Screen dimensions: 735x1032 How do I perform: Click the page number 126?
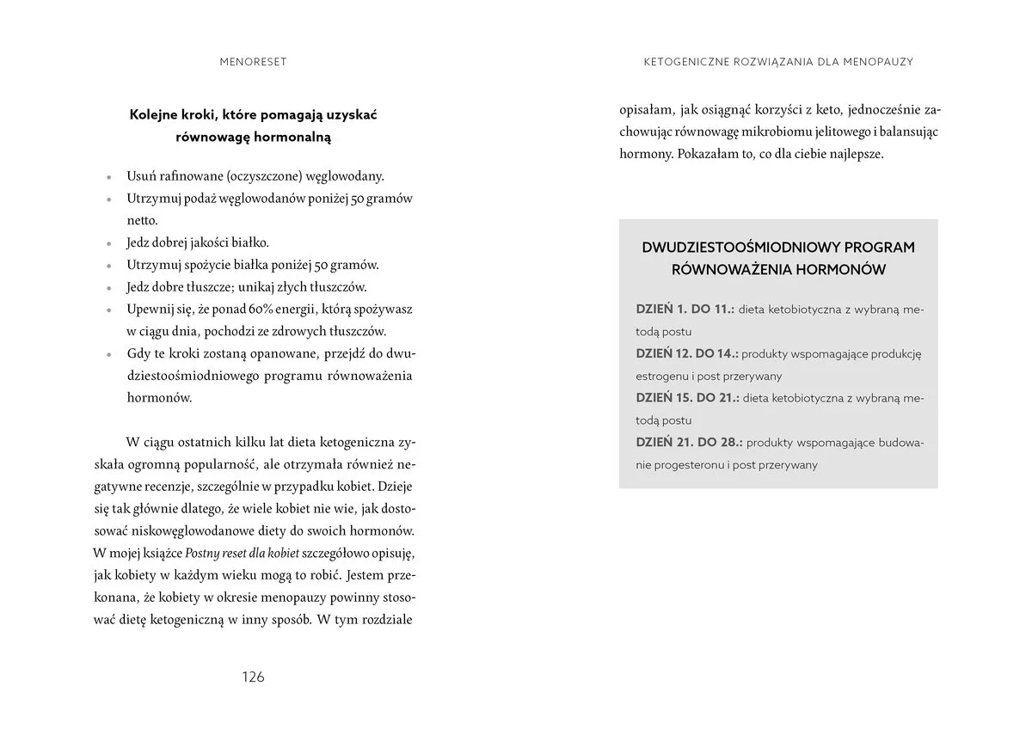[x=252, y=677]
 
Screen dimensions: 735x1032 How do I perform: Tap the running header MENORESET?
[x=253, y=62]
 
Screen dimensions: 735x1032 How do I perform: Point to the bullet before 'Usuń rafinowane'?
[x=109, y=176]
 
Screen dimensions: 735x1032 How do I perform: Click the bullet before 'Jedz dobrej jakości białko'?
[x=109, y=243]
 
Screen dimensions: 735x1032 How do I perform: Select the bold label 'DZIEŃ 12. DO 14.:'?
[x=686, y=353]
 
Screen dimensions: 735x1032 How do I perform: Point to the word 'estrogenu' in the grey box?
[x=661, y=376]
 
